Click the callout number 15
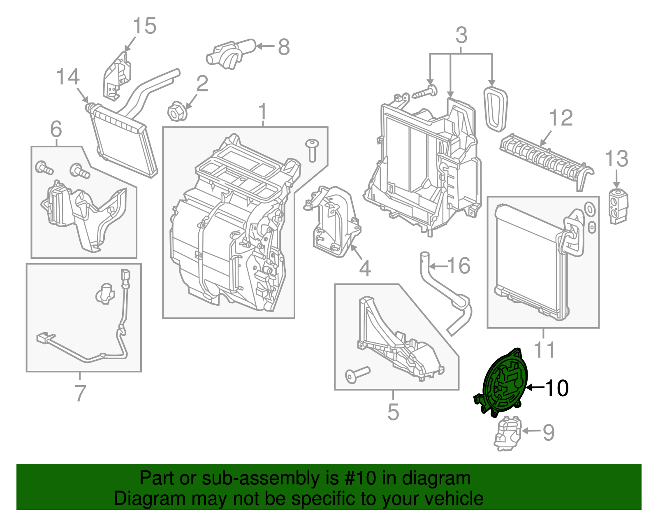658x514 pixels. pyautogui.click(x=144, y=26)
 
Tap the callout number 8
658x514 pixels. pyautogui.click(x=284, y=47)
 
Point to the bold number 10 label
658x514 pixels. pyautogui.click(x=556, y=388)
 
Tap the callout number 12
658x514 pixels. pyautogui.click(x=561, y=118)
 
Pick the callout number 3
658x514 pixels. pyautogui.click(x=461, y=35)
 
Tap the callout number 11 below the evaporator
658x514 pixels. pyautogui.click(x=544, y=350)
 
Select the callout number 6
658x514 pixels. pyautogui.click(x=56, y=130)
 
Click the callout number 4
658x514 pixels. pyautogui.click(x=365, y=269)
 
